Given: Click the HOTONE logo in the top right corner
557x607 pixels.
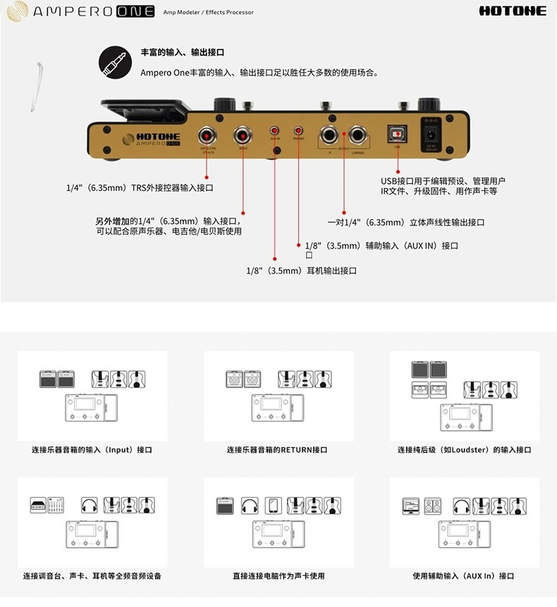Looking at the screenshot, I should (513, 11).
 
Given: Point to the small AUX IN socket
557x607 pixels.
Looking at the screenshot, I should (274, 131).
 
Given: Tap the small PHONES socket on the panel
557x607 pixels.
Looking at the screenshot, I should (299, 131).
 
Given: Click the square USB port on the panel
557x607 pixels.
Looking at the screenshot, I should (398, 133).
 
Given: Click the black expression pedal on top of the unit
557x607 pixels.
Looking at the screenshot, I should (145, 108).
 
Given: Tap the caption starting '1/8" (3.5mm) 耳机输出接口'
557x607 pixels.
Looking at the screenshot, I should (301, 270).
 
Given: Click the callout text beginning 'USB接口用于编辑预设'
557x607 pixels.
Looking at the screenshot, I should (443, 181).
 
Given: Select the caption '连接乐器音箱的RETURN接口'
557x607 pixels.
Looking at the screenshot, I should (277, 449).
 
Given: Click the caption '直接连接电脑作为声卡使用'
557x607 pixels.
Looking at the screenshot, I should (278, 575).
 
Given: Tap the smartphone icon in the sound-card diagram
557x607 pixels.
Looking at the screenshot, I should (273, 505).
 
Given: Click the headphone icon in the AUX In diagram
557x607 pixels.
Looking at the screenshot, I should (462, 505).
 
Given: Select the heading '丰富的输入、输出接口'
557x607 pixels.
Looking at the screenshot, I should (183, 53).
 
